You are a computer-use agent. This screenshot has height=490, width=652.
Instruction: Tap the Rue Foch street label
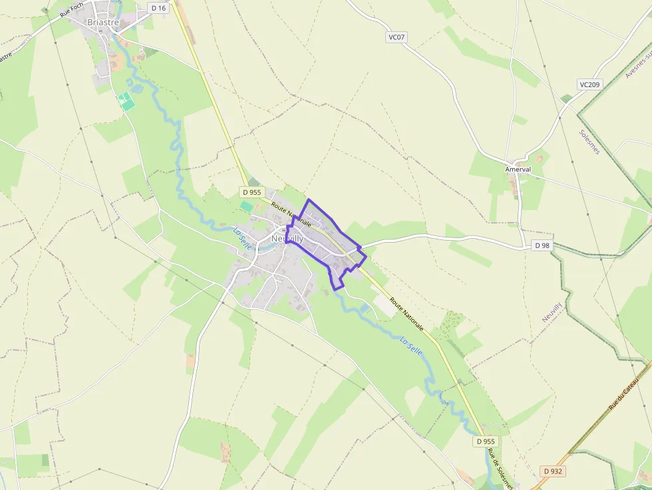click(x=72, y=10)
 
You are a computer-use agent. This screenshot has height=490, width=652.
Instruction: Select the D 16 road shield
click(x=158, y=8)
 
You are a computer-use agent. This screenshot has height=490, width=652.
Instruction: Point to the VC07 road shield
click(x=396, y=37)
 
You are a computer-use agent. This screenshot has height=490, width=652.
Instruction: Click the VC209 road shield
click(x=589, y=84)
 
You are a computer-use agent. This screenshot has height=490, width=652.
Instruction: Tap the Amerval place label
click(x=518, y=170)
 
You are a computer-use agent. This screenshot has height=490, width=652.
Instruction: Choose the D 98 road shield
click(x=542, y=245)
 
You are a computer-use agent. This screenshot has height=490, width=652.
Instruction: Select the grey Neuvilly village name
click(x=287, y=239)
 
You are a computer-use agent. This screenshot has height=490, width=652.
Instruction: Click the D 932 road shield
click(x=552, y=471)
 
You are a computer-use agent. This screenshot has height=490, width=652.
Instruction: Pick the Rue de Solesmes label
click(x=499, y=469)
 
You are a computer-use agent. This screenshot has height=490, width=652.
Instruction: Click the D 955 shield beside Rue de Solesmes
click(x=486, y=441)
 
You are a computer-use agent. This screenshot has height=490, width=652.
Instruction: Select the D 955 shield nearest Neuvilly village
click(x=251, y=193)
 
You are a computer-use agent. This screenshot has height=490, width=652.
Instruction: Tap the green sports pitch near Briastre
click(x=126, y=102)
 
